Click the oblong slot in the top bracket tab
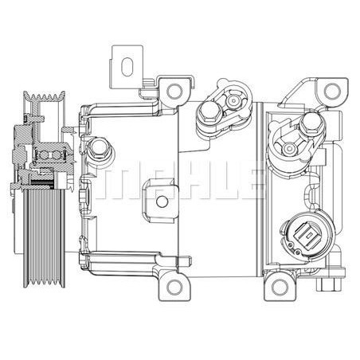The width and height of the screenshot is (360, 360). (126, 62)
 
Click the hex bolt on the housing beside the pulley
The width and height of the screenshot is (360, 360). (99, 148)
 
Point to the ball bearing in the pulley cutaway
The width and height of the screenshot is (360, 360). (49, 153)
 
